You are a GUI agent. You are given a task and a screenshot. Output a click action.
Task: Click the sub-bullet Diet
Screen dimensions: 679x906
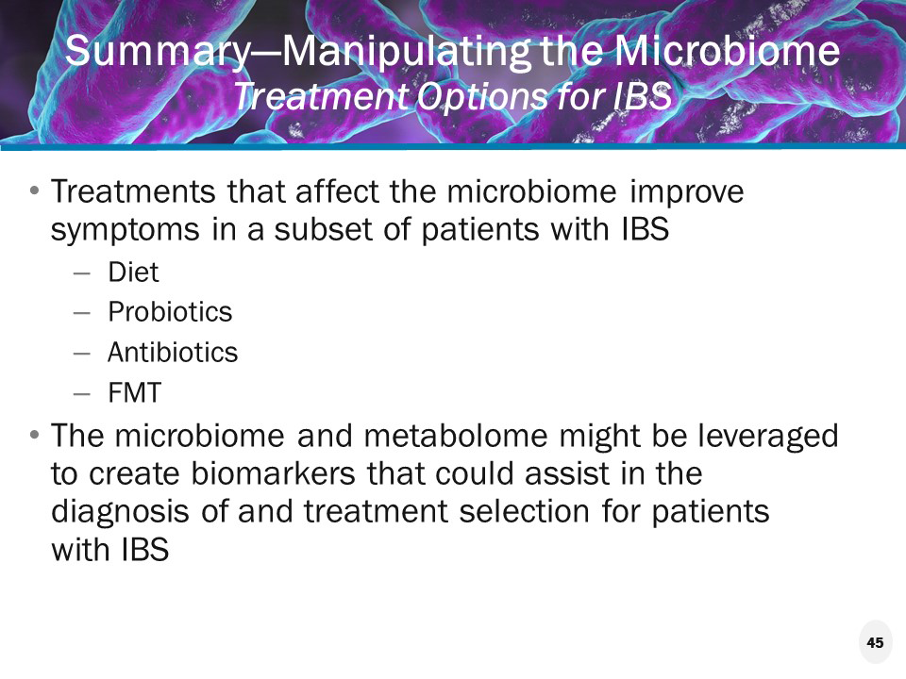(133, 273)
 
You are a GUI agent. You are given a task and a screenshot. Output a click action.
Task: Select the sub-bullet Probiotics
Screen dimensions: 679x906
(170, 312)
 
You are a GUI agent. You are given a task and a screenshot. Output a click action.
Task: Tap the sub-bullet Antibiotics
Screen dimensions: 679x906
(173, 353)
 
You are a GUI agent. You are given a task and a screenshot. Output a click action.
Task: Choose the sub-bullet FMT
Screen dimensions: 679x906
(134, 392)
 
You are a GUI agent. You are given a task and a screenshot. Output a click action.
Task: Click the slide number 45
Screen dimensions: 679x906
(875, 643)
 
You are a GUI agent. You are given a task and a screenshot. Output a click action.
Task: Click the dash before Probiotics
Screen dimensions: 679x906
(82, 312)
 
